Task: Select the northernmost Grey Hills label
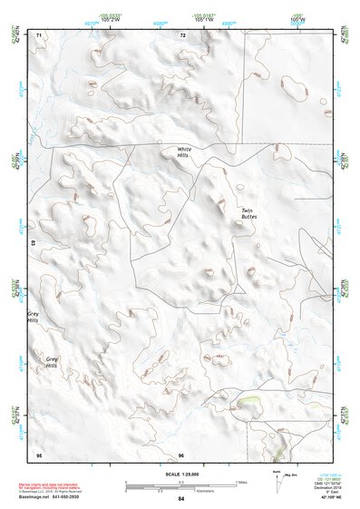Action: tap(34, 318)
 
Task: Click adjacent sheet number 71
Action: tap(38, 34)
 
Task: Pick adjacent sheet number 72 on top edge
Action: tap(182, 34)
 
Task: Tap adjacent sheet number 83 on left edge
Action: tap(34, 244)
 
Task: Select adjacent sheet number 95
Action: tap(38, 455)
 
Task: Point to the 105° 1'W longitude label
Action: tap(204, 16)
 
